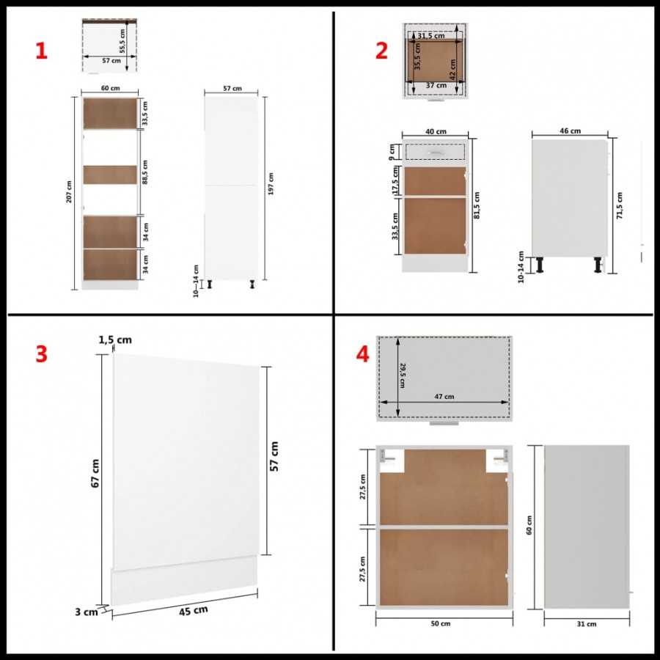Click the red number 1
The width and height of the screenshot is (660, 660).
click(41, 51)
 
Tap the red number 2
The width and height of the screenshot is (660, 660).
click(381, 51)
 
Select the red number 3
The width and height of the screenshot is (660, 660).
click(41, 353)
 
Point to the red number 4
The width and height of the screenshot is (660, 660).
click(362, 353)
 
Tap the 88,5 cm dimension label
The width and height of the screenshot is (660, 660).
click(145, 174)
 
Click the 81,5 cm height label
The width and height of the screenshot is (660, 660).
click(477, 205)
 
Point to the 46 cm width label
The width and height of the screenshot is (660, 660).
click(570, 131)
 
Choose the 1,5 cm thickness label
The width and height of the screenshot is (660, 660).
click(115, 339)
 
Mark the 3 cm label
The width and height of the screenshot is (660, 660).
click(87, 612)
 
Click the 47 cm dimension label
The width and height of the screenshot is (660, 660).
click(444, 397)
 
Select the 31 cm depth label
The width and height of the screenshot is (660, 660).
click(587, 624)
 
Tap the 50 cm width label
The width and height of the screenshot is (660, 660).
click(440, 624)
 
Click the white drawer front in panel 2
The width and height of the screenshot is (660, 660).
click(436, 152)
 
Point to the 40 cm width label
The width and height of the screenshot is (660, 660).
click(436, 131)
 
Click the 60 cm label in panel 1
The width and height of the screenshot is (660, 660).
click(110, 88)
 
